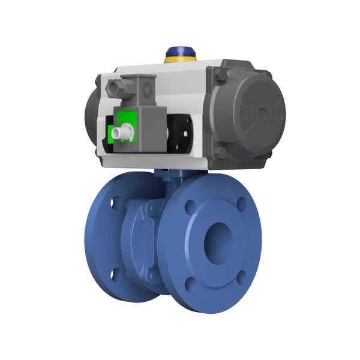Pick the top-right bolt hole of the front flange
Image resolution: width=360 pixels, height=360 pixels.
(241, 201)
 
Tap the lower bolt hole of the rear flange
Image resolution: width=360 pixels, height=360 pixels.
(116, 274)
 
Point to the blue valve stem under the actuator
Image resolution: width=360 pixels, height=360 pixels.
(167, 176)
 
